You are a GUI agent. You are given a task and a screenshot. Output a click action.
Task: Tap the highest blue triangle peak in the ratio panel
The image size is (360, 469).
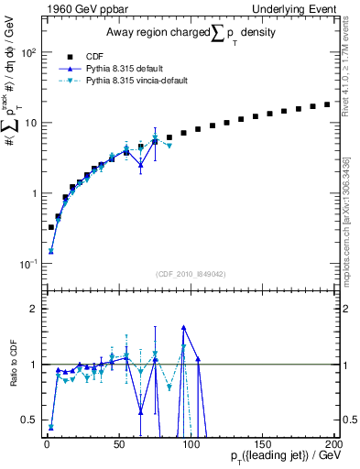click(184, 326)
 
